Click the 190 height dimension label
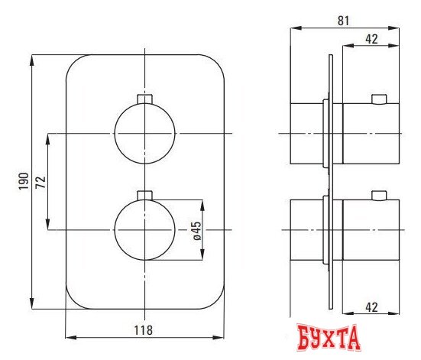[x=24, y=181]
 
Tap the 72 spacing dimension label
[x=40, y=182]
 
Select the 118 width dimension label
[x=143, y=330]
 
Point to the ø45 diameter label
[x=196, y=231]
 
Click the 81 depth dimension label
[x=343, y=21]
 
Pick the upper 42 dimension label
[x=371, y=39]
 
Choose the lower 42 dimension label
[x=371, y=307]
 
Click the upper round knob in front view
[x=144, y=133]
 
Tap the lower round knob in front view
[x=144, y=230]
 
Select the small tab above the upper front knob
[x=144, y=99]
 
